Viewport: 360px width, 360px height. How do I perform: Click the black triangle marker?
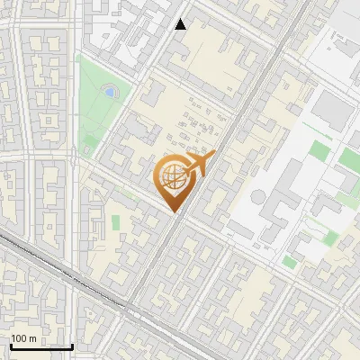pos(181,24)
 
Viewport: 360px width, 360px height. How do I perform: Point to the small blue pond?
pos(109,91)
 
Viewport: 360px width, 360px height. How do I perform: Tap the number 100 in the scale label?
pos(20,338)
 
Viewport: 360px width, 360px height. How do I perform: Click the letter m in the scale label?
pos(32,338)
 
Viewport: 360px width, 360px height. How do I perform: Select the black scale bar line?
pos(41,346)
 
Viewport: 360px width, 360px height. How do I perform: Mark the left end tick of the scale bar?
pos(11,345)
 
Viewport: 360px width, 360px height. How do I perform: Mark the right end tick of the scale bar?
pos(72,345)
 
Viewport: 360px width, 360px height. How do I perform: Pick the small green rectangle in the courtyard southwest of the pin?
pos(115,220)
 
